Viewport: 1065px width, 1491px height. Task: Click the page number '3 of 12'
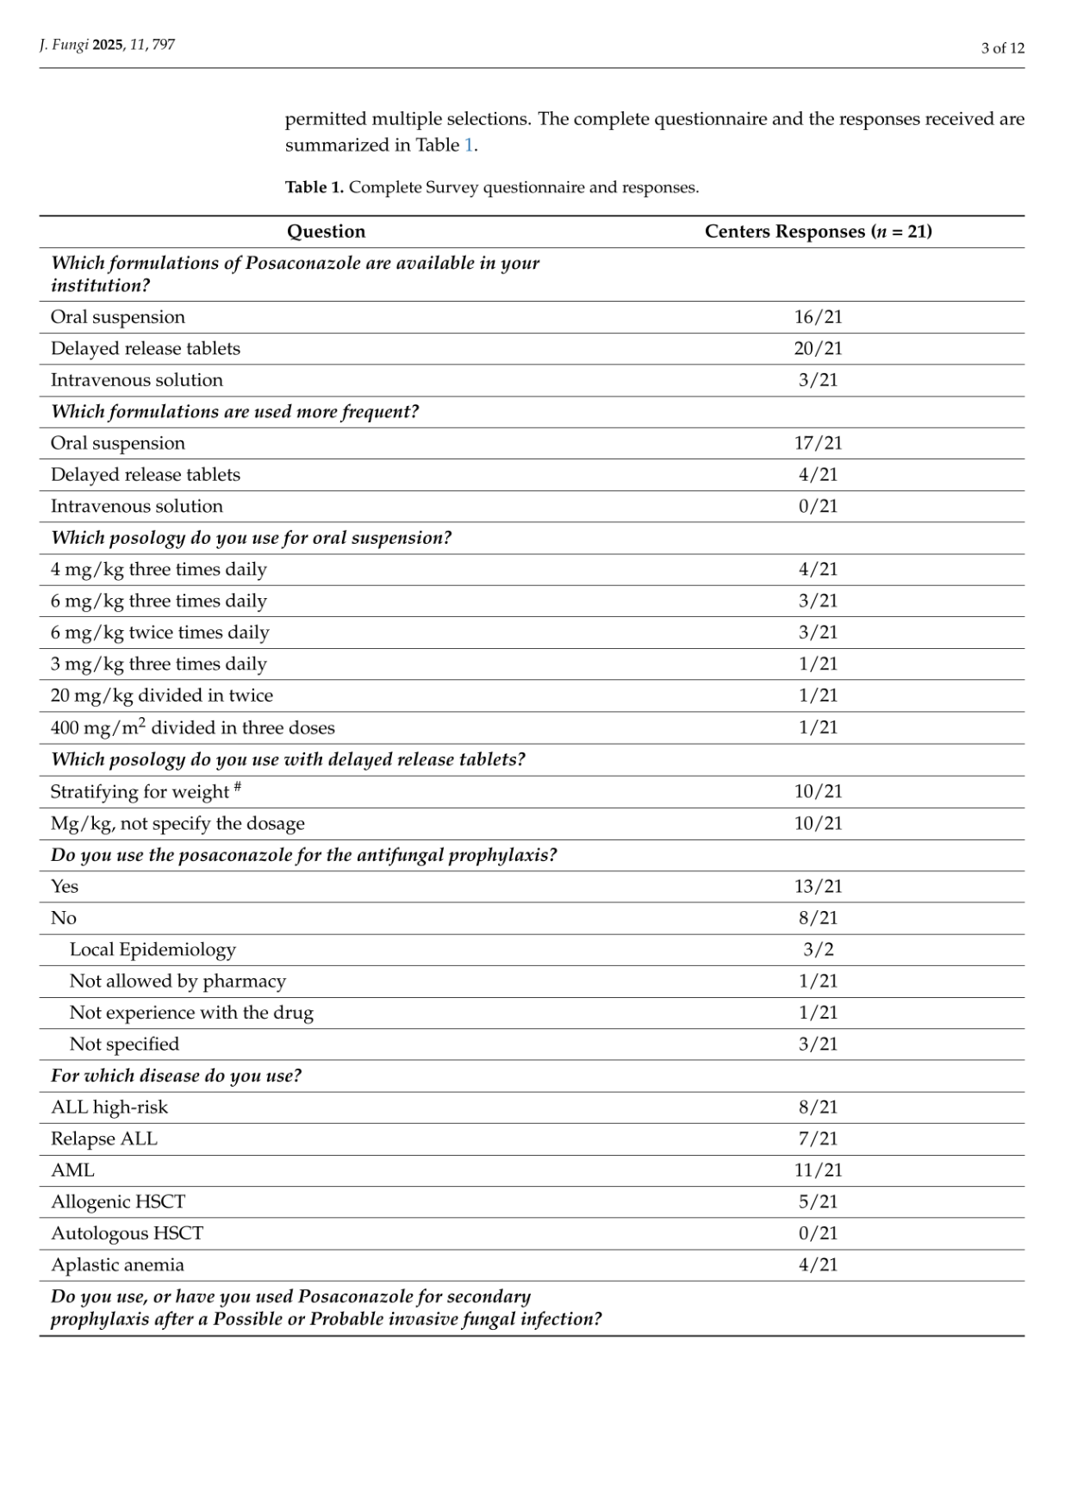tap(1002, 48)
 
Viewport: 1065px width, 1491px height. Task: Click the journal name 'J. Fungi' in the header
tap(64, 45)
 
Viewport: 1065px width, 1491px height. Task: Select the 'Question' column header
tap(326, 231)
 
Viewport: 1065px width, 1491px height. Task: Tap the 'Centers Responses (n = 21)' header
tap(818, 231)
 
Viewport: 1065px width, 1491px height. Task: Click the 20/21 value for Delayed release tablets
tap(818, 348)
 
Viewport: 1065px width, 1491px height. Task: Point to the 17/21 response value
tap(818, 443)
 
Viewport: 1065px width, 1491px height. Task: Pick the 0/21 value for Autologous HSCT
tap(818, 1233)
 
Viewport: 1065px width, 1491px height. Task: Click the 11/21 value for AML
tap(818, 1170)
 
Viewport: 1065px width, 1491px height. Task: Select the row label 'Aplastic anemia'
tap(117, 1265)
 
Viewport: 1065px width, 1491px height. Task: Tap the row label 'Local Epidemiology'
tap(153, 950)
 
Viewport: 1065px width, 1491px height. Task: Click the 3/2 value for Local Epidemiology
tap(818, 950)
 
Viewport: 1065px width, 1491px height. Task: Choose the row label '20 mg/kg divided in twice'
tap(162, 696)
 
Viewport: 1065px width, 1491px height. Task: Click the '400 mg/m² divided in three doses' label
tap(192, 727)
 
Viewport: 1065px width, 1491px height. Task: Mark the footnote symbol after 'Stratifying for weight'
tap(237, 786)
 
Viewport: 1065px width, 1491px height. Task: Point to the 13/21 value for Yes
tap(818, 886)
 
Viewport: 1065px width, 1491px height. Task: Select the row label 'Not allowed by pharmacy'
tap(177, 981)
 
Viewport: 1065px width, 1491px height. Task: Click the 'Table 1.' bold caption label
tap(314, 187)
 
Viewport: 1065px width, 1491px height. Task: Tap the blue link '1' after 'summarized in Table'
tap(469, 145)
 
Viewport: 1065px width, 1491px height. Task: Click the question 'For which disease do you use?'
tap(176, 1076)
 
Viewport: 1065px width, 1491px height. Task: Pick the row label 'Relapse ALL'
tap(104, 1139)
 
